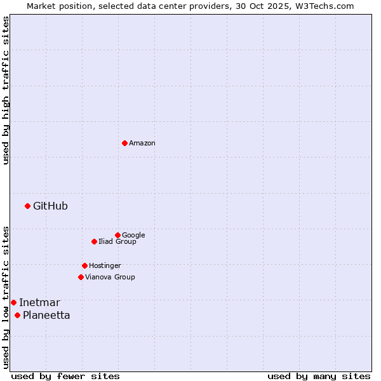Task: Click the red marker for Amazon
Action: click(124, 143)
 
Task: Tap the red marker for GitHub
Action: click(27, 206)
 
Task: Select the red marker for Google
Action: click(117, 235)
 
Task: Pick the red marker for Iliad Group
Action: click(94, 241)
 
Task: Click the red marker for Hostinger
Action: click(84, 265)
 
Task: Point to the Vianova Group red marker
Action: click(81, 277)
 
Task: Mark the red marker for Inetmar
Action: click(13, 302)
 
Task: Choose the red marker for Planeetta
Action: click(17, 315)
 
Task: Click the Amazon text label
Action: click(142, 144)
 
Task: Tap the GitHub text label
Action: click(50, 206)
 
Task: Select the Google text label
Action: click(133, 236)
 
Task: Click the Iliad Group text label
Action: click(117, 242)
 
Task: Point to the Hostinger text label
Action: click(105, 266)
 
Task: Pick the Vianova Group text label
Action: click(110, 277)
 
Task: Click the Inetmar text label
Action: click(39, 302)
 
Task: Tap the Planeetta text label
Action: click(46, 316)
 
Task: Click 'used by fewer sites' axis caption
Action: click(65, 376)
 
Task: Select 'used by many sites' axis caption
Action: click(319, 376)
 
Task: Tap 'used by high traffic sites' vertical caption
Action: click(6, 90)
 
